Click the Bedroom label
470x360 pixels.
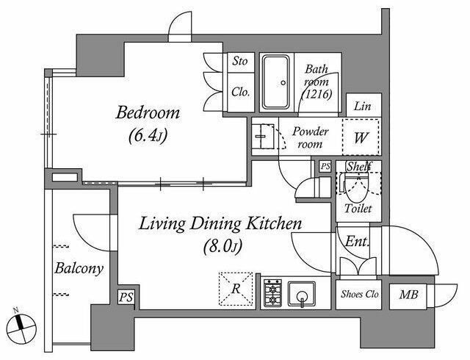[x=148, y=113]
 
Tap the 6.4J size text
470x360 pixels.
[x=148, y=137]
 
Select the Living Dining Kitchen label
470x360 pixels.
[x=220, y=224]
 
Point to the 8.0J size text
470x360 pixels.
[x=223, y=247]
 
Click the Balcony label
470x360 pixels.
[x=79, y=268]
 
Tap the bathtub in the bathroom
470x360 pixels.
[x=276, y=82]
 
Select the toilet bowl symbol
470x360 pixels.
[x=356, y=188]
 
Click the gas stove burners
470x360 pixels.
[x=272, y=293]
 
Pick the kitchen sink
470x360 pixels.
[x=302, y=294]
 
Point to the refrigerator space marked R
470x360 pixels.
[x=236, y=289]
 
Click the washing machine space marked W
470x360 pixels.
[x=361, y=137]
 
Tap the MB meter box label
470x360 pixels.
[x=408, y=295]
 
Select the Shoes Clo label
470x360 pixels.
[x=359, y=294]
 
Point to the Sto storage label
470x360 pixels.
[x=240, y=61]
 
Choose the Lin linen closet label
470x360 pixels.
[x=362, y=107]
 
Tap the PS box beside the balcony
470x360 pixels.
[x=126, y=298]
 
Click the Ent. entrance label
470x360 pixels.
[x=356, y=241]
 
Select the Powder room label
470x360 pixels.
[x=310, y=137]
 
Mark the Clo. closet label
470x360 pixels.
[x=240, y=92]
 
